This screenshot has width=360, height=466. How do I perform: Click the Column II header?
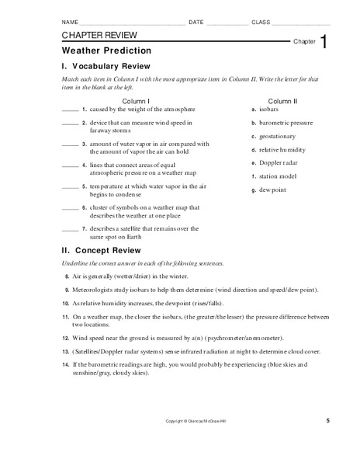pyautogui.click(x=282, y=101)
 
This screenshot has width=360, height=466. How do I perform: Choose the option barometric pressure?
pyautogui.click(x=286, y=123)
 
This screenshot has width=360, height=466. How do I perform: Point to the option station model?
pyautogui.click(x=279, y=176)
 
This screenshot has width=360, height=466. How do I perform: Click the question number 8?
pyautogui.click(x=67, y=276)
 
